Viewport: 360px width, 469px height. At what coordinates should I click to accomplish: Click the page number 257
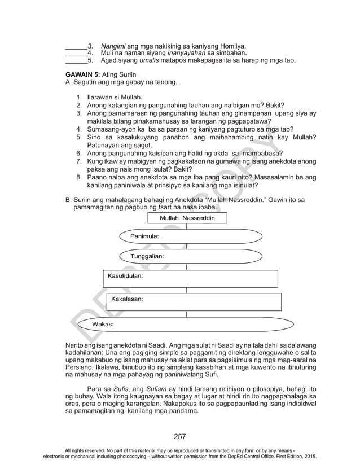180,436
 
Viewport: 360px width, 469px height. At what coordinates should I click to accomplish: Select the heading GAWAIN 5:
82,74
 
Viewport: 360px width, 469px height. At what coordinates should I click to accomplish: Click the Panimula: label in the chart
144,235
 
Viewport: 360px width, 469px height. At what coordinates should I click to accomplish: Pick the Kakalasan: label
127,298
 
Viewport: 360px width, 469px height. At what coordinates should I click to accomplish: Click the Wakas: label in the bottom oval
103,325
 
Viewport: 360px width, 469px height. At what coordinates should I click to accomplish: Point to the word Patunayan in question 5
104,145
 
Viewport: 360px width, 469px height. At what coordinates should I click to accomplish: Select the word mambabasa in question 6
260,153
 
